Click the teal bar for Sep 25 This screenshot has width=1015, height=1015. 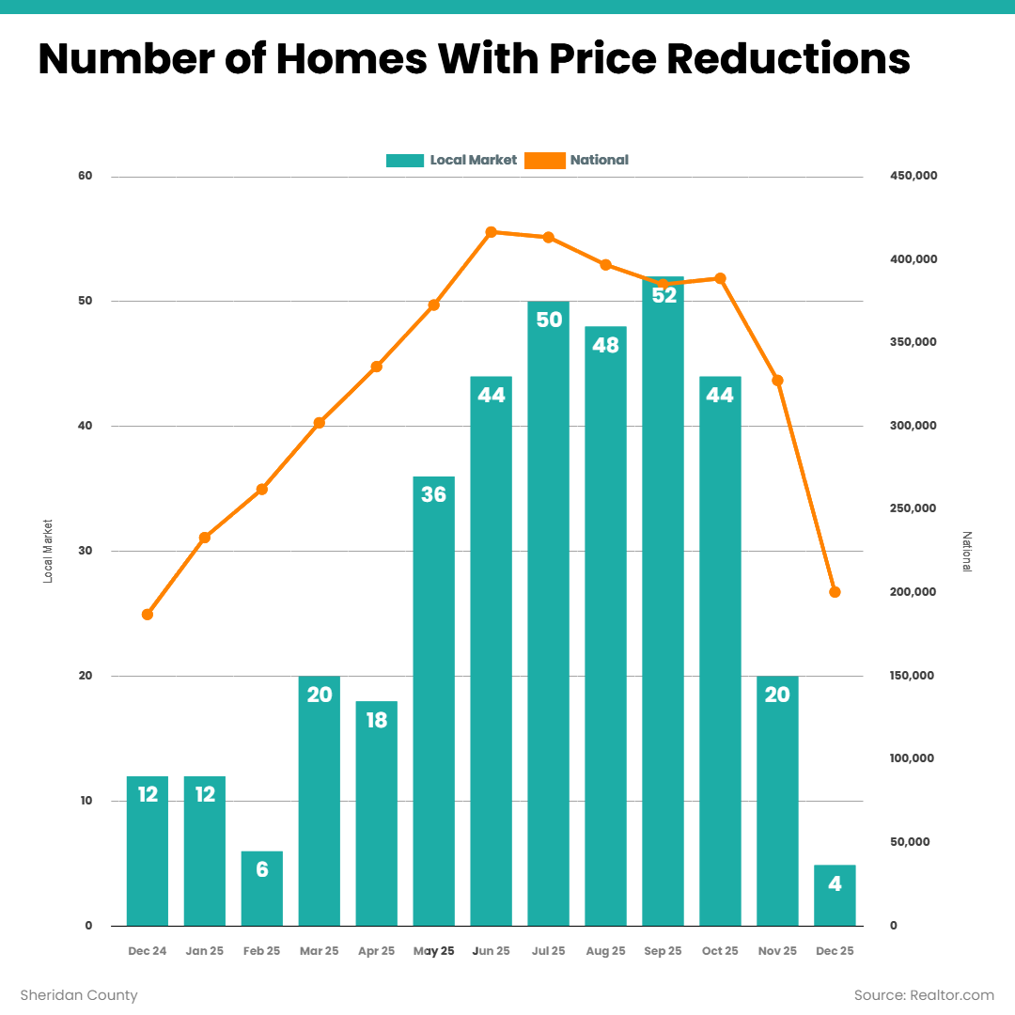pos(663,601)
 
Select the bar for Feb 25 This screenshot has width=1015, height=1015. pos(262,889)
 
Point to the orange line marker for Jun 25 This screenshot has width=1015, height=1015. pos(491,232)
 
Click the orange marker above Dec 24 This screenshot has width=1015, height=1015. pos(148,615)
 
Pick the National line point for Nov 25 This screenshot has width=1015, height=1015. pos(777,381)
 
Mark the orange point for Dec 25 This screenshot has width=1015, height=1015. pos(835,592)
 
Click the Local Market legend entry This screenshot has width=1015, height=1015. pos(452,160)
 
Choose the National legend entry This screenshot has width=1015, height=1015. pos(577,160)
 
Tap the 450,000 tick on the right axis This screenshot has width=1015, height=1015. pos(913,177)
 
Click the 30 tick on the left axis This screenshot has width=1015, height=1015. pos(86,551)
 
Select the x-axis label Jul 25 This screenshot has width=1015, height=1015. pos(548,951)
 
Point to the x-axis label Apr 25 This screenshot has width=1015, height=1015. pos(376,951)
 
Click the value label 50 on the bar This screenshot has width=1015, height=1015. pos(548,320)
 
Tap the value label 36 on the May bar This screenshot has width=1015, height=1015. pos(433,494)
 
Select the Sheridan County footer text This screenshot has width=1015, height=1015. pos(79,995)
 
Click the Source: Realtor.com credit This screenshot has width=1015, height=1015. pos(923,995)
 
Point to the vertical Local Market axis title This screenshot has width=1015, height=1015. pos(48,551)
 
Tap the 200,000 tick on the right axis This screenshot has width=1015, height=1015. pos(913,592)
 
